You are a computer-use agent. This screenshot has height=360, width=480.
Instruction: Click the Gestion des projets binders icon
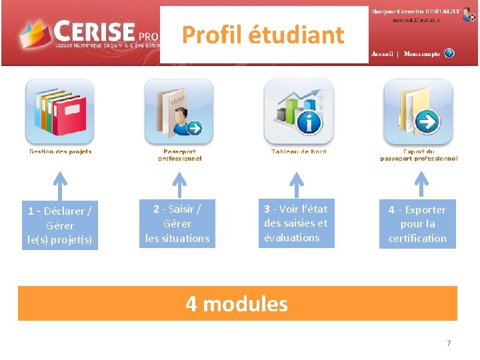pyautogui.click(x=59, y=111)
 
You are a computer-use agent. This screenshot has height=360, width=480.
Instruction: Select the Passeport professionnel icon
pyautogui.click(x=179, y=111)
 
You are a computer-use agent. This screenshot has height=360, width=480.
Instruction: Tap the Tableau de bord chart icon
pyautogui.click(x=298, y=111)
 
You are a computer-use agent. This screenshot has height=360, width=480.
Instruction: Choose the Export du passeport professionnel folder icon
pyautogui.click(x=418, y=111)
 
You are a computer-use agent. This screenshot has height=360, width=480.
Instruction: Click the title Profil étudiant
pyautogui.click(x=263, y=35)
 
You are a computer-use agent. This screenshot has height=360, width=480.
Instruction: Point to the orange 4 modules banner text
pyautogui.click(x=237, y=304)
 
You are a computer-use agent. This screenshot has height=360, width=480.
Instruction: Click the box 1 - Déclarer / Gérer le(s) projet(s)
pyautogui.click(x=59, y=225)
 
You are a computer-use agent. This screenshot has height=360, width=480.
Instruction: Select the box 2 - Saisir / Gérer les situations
pyautogui.click(x=177, y=223)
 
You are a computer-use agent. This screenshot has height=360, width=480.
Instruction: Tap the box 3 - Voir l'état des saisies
pyautogui.click(x=296, y=223)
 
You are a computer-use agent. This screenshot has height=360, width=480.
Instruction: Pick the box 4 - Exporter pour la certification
pyautogui.click(x=417, y=223)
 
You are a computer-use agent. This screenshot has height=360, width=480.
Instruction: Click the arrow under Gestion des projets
pyautogui.click(x=60, y=184)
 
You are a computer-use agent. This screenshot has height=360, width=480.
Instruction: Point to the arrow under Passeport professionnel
pyautogui.click(x=179, y=184)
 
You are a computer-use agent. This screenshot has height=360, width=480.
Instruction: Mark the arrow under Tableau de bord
pyautogui.click(x=297, y=184)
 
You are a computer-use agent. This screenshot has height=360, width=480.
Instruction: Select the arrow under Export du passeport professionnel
pyautogui.click(x=420, y=184)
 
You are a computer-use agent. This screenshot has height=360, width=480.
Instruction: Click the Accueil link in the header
pyautogui.click(x=382, y=54)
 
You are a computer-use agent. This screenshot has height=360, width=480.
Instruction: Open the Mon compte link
pyautogui.click(x=421, y=54)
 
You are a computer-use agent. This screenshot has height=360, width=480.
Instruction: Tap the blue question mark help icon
pyautogui.click(x=449, y=53)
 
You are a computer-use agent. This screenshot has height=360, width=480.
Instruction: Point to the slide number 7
pyautogui.click(x=449, y=343)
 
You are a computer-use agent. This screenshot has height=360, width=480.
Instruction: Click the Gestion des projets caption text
pyautogui.click(x=60, y=152)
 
